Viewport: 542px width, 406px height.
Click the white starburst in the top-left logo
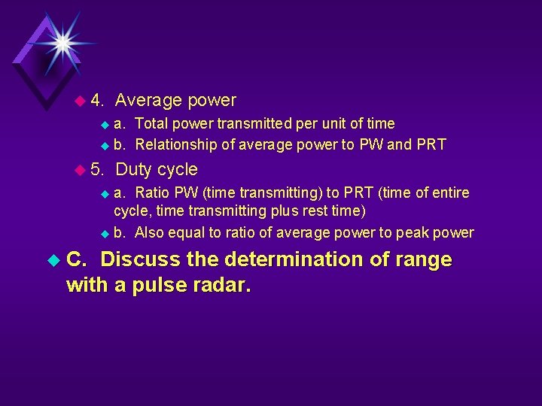click(x=61, y=42)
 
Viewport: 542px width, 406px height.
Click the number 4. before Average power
click(x=97, y=101)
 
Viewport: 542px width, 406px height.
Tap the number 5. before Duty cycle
click(x=97, y=170)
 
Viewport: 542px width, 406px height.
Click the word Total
click(x=153, y=123)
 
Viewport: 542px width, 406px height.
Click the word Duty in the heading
click(x=133, y=170)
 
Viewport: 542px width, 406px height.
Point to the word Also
click(x=151, y=233)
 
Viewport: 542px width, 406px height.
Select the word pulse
click(x=157, y=286)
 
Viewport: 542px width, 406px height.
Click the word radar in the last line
click(x=220, y=286)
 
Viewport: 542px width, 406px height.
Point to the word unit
click(x=339, y=123)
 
